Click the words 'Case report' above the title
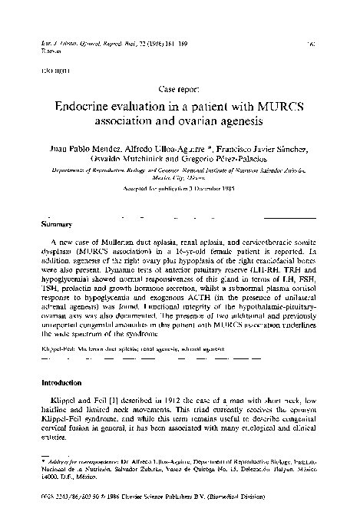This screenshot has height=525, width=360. point(179,88)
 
